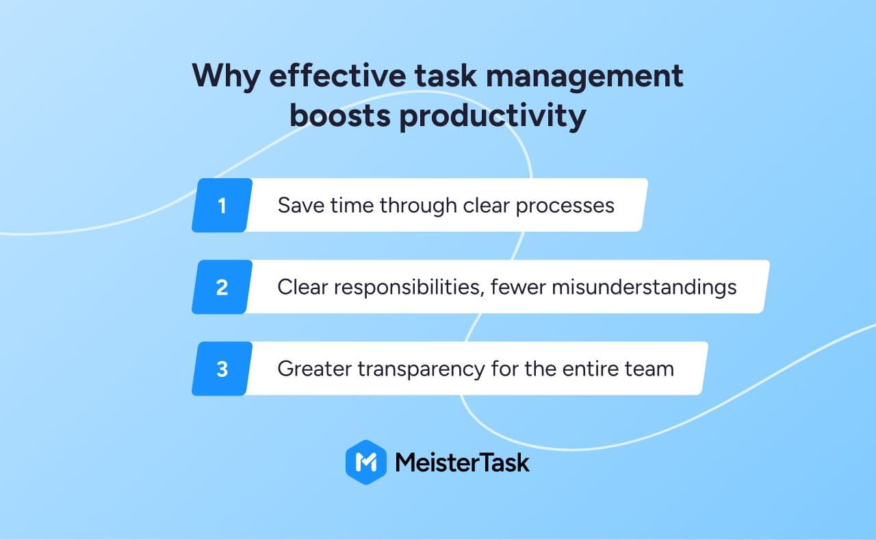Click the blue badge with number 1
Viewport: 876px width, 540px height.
222,205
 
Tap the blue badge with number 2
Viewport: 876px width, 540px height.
222,287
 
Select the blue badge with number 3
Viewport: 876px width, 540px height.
222,369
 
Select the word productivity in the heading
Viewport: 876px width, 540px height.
493,116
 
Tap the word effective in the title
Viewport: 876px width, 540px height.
338,75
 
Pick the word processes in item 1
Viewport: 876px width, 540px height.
565,207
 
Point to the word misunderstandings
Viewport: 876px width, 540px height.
644,288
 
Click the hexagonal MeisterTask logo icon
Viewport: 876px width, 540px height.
366,462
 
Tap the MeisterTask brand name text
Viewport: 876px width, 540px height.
462,463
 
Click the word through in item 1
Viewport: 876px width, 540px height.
418,206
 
